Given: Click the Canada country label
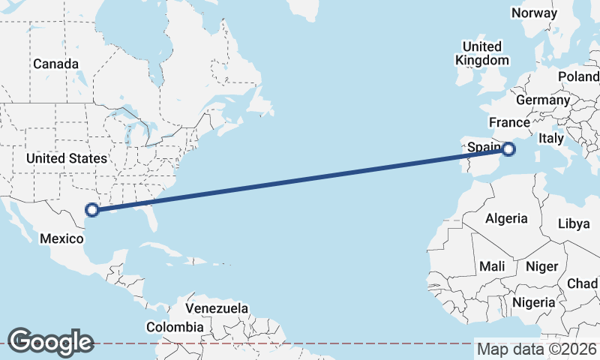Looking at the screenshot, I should pos(56,64).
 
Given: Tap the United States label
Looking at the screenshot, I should pos(67,158).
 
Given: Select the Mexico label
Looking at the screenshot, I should pos(60,238).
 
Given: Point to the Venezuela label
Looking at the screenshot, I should pos(217,308).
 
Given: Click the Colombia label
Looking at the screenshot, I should pos(174,327).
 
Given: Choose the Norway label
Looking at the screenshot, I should pos(534,13).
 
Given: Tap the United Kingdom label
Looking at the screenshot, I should pos(482,52).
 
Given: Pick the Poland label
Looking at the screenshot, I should pos(577,76).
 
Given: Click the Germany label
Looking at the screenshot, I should pos(543,100).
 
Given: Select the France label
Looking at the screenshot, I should pos(509,122).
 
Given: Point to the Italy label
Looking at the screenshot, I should pos(551,139).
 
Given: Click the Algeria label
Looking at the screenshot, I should pos(506,218).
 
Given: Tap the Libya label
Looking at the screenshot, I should pos(574,223).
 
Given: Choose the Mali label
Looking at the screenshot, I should pos(492,266).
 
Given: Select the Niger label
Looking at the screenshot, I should pos(542,266).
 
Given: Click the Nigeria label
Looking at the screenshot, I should pos(534,302).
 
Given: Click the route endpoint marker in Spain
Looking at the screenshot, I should pos(508,149).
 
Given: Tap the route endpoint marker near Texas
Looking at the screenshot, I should pos(93,211).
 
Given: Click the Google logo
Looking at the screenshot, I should pos(50,341).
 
